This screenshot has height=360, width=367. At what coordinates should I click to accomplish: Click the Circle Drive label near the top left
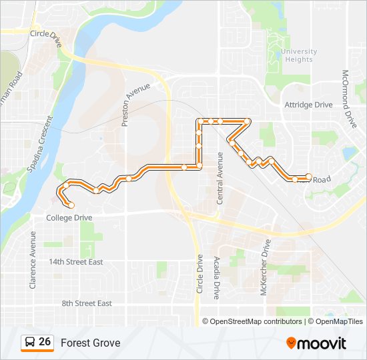coord(46,32)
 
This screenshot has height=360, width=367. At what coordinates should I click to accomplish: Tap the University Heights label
coord(298,55)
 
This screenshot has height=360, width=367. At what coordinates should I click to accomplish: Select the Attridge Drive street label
coord(308,105)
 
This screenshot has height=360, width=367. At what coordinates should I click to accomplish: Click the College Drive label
coord(69,218)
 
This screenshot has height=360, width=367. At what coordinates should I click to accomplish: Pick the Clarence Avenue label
coord(32,259)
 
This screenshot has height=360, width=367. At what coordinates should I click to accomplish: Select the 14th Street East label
coord(76,262)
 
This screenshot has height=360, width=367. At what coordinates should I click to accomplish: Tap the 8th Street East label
coord(87,303)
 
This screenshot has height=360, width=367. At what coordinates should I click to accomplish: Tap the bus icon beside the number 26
coord(30,343)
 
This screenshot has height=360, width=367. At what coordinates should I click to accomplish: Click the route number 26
coord(45,342)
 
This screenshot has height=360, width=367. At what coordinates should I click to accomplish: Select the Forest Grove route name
coord(91,343)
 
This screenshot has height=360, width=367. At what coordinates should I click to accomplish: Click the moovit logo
coord(316,343)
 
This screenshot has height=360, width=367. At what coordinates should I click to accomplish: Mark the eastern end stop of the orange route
coord(308,177)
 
